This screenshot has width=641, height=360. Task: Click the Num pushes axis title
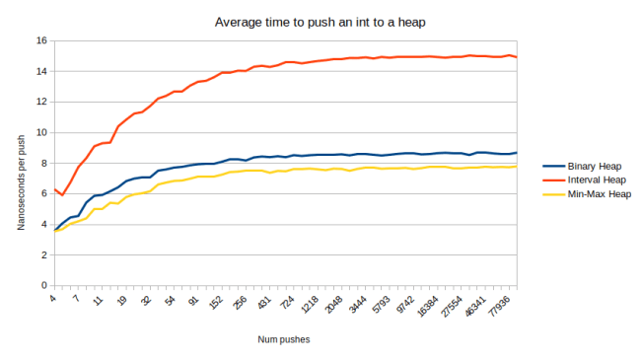(x=284, y=341)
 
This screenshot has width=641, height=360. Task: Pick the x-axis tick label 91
(x=194, y=298)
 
